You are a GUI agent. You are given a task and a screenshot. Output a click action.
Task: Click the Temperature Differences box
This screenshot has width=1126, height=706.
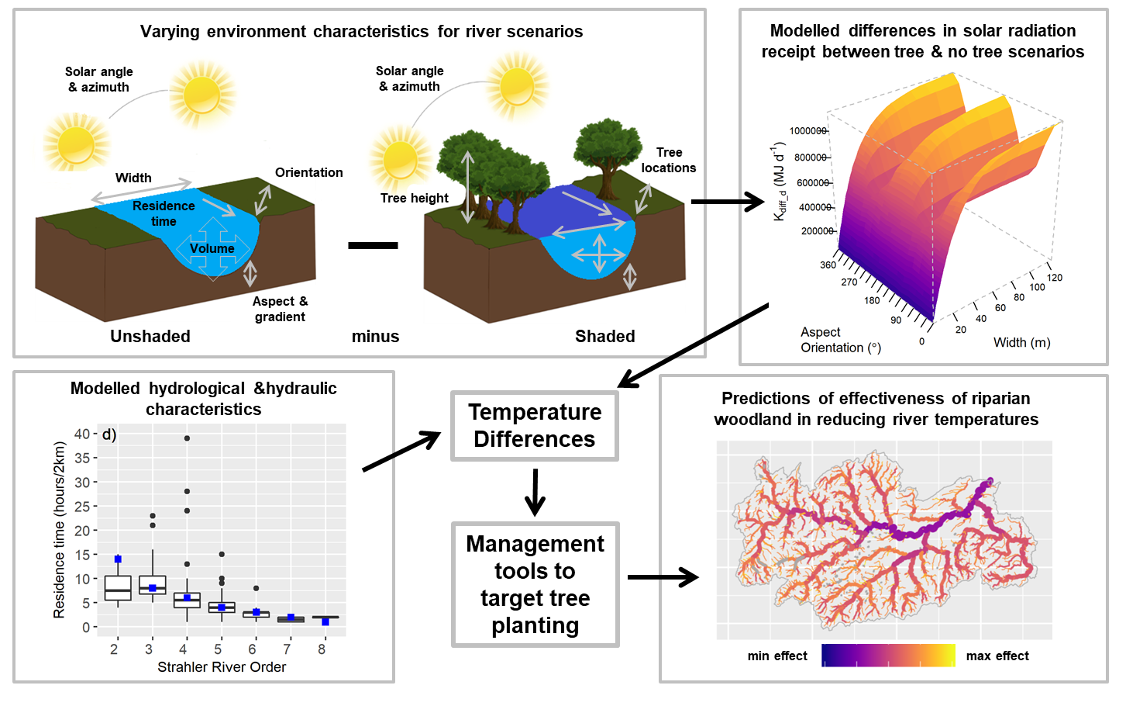(x=535, y=426)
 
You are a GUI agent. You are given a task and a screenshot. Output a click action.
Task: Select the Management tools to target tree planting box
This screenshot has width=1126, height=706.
(x=535, y=584)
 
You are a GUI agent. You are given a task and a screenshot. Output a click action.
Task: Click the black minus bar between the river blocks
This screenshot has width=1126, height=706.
(x=373, y=245)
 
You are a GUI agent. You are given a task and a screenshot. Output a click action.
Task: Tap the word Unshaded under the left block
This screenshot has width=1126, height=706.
(x=150, y=337)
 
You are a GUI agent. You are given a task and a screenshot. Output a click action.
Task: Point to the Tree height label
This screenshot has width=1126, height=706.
(x=415, y=199)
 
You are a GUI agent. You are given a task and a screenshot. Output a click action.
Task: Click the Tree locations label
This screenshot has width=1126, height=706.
(x=669, y=161)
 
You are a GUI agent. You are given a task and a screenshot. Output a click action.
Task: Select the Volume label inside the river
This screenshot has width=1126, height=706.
(x=212, y=249)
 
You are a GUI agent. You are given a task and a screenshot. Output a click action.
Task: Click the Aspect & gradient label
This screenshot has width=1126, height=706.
(x=280, y=309)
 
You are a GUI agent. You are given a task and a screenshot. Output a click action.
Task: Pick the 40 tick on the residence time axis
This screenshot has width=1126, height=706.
(x=82, y=434)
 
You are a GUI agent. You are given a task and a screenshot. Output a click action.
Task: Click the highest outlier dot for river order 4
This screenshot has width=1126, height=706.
(x=187, y=438)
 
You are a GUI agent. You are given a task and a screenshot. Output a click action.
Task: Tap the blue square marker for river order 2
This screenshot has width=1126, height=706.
(x=118, y=559)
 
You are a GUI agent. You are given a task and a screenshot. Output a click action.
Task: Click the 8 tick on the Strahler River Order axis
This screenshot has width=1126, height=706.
(x=322, y=649)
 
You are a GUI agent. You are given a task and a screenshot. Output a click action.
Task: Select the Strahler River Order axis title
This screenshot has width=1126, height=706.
(x=222, y=667)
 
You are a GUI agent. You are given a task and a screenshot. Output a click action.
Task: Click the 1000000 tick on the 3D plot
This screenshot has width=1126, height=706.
(x=807, y=131)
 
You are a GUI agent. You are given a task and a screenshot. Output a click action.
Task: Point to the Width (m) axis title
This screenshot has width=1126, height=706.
(x=1021, y=343)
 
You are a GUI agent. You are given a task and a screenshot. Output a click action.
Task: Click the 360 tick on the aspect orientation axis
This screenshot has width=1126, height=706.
(x=828, y=265)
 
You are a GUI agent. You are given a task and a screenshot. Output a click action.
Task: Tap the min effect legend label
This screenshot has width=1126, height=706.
(x=777, y=656)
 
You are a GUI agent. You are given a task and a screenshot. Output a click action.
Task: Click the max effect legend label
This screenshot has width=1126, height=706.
(x=997, y=656)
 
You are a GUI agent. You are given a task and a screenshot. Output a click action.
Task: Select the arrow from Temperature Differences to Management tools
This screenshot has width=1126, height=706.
(x=535, y=492)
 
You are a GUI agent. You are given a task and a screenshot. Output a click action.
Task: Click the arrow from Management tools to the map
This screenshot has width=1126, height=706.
(x=663, y=577)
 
